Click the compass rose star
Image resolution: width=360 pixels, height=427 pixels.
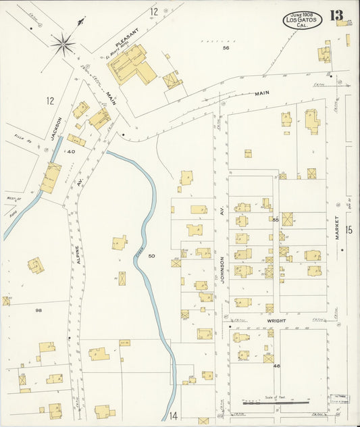63,45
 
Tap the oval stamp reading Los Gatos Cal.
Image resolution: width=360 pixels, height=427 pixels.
302,19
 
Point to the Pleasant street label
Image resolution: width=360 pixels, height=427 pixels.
126,42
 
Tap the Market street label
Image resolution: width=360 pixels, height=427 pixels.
337,230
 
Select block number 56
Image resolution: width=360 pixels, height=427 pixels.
226,48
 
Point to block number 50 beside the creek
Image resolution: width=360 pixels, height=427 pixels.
151,256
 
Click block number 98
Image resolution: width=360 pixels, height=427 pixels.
38,310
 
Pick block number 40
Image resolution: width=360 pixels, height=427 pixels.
71,151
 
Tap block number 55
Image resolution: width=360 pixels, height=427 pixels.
276,220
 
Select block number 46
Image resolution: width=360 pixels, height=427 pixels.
276,366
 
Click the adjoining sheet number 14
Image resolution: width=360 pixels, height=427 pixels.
172,415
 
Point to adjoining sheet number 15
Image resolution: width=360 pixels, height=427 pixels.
349,230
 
